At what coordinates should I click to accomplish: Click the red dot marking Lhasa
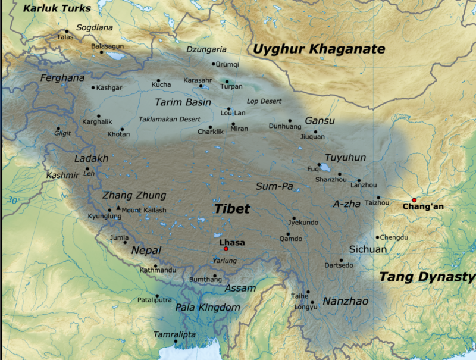tap(226, 249)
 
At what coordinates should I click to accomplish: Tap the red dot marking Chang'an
tap(414, 200)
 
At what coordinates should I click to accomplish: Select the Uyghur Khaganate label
tap(319, 49)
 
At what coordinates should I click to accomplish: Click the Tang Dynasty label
tap(427, 277)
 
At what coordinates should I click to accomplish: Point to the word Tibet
tap(231, 209)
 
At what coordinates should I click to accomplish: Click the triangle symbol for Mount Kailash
tap(118, 208)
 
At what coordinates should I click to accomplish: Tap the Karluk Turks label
tap(57, 8)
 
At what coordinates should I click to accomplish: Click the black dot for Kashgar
tap(93, 87)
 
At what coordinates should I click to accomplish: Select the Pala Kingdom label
tap(208, 308)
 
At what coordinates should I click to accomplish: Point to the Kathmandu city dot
tap(156, 266)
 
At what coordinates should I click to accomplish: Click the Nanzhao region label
tap(345, 302)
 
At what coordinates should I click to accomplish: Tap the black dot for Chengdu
tap(377, 237)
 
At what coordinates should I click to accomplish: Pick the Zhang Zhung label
tap(134, 195)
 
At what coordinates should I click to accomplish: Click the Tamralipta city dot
tap(176, 343)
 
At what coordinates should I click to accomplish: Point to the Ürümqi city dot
tap(214, 64)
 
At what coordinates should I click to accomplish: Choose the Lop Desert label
tap(264, 102)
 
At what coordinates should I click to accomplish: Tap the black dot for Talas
tap(67, 31)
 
